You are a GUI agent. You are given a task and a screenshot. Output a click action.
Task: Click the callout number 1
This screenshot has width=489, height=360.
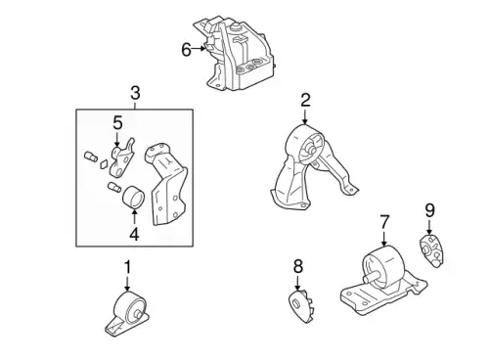(127, 267)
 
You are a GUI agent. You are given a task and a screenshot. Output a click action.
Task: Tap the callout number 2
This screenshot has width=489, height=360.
(305, 101)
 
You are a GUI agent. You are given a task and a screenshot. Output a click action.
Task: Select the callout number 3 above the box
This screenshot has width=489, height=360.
(135, 93)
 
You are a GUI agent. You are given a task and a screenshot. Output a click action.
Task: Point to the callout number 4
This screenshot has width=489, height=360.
(134, 234)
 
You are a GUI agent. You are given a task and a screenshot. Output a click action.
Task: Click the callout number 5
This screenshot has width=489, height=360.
(117, 123)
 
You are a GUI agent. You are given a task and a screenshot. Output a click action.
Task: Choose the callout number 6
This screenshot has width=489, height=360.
(186, 50)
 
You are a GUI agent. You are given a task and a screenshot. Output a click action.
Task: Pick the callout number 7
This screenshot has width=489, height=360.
(384, 222)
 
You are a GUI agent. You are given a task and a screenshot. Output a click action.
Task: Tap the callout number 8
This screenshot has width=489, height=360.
(298, 266)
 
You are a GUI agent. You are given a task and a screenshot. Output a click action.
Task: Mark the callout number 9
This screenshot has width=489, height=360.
(430, 210)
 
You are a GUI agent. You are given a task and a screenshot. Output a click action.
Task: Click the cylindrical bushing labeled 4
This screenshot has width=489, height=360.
(133, 197)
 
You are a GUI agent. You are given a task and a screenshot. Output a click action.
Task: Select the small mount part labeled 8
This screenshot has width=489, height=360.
(302, 306)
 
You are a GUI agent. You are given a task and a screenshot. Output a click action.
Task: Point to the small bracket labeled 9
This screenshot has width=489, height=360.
(430, 250)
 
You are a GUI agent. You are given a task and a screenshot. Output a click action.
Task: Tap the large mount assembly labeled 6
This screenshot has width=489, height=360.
(236, 55)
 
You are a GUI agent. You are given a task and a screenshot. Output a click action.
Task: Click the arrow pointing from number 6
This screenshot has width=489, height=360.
(199, 49)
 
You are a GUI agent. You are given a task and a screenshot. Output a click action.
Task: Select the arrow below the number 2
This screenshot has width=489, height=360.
(305, 116)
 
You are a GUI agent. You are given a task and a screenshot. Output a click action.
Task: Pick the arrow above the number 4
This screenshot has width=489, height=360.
(134, 217)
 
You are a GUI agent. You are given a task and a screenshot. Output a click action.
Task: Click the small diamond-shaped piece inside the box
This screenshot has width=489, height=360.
(104, 164)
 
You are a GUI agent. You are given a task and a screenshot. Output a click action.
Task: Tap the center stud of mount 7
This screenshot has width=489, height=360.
(371, 278)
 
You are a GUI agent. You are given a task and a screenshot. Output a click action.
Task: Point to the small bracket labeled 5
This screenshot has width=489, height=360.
(123, 157)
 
